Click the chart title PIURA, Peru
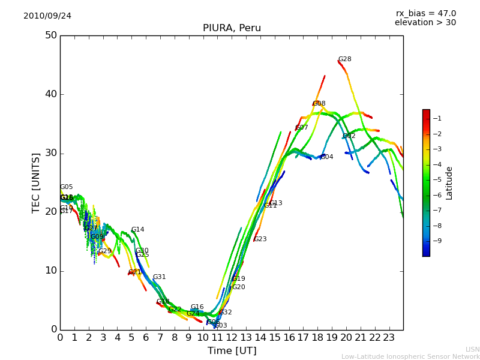tap(232, 28)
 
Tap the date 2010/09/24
tap(47, 16)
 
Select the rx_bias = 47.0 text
tap(426, 14)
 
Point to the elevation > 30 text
tap(425, 23)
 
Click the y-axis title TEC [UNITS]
tap(37, 182)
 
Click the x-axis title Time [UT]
tap(232, 351)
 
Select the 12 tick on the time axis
tap(232, 338)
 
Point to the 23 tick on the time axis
tap(389, 338)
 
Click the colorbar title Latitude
tap(449, 183)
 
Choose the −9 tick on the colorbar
tap(437, 241)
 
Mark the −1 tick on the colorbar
tap(437, 119)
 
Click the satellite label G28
tap(345, 59)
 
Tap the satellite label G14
tap(138, 230)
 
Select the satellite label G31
tap(160, 277)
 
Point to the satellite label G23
tap(260, 239)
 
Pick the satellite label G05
tap(67, 187)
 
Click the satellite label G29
tap(105, 251)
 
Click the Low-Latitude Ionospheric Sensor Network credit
tap(410, 357)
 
